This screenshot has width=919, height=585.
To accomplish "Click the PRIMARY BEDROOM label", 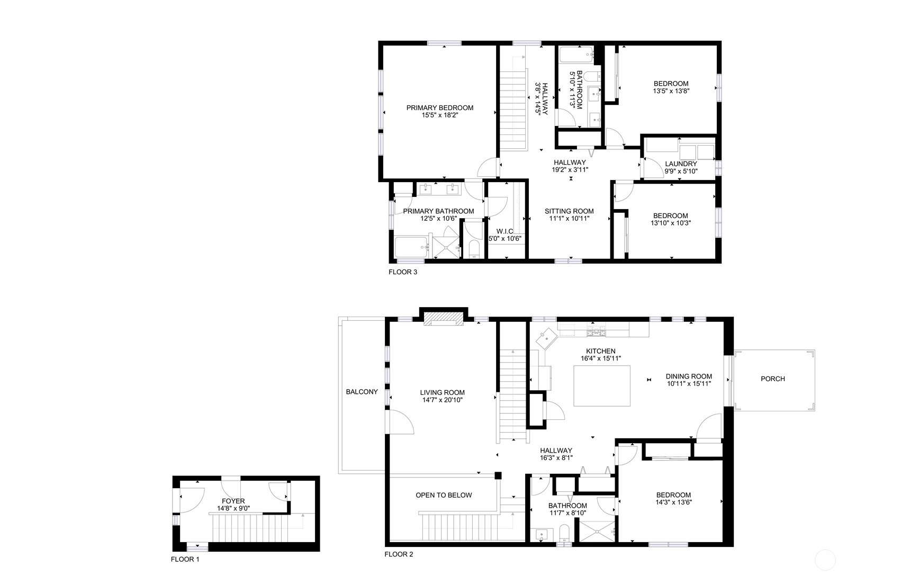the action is [x=440, y=108].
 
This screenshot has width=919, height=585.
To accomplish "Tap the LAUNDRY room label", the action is [x=681, y=164].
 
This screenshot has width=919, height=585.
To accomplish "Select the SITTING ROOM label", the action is [x=569, y=211].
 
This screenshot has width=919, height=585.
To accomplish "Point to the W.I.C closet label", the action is [x=504, y=231].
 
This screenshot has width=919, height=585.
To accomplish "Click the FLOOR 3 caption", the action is [x=403, y=273].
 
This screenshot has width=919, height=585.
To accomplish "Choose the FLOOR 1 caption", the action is [x=185, y=559].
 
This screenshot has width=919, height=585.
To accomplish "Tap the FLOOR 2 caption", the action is [x=399, y=555].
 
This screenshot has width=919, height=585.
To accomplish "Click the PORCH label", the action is [x=773, y=379].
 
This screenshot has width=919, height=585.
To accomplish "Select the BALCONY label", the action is [x=362, y=392].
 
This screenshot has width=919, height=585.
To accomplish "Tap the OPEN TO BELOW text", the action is [x=444, y=496].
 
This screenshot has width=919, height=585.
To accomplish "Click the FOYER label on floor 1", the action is [x=233, y=501].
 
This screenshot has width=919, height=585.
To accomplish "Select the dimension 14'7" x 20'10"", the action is [x=443, y=400].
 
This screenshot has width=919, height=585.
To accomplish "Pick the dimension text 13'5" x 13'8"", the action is [x=671, y=91].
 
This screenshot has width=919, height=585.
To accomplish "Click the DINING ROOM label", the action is [x=689, y=377].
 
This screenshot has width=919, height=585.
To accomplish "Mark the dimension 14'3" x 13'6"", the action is [x=674, y=503].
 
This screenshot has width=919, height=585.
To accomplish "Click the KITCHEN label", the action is [x=601, y=351].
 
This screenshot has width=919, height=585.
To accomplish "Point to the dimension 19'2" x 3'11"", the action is [x=570, y=170].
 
